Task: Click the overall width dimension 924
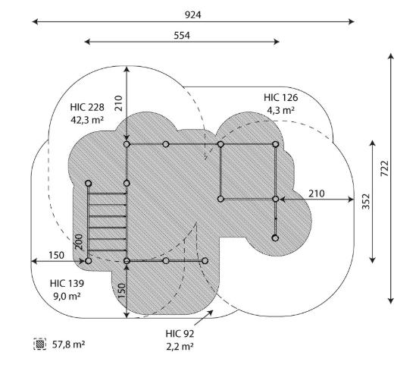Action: [192, 15]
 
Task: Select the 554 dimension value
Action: [182, 36]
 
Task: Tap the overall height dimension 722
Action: [384, 168]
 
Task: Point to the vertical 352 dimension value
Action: [366, 202]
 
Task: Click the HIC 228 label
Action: [87, 107]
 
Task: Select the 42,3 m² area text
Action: [87, 120]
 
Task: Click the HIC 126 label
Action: [280, 98]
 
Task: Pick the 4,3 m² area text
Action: [280, 110]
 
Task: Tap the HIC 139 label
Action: [67, 284]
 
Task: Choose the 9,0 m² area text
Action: [67, 296]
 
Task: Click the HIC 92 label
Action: [180, 334]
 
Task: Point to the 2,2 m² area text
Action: [180, 347]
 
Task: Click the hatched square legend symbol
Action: [40, 344]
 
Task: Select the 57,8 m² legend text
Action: [69, 344]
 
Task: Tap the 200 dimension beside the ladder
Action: [79, 242]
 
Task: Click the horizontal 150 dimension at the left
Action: [56, 256]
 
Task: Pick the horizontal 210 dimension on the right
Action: [317, 193]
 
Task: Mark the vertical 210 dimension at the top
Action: [118, 103]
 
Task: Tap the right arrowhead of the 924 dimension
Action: [352, 21]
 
